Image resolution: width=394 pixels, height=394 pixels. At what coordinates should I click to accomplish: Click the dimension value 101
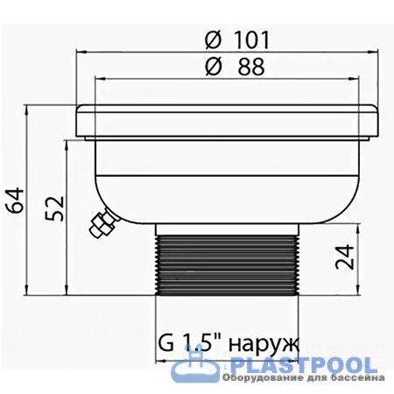(x=251, y=40)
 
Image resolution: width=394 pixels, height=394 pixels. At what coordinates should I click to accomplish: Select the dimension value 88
(x=251, y=67)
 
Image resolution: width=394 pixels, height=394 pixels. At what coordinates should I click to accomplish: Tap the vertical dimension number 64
(x=15, y=201)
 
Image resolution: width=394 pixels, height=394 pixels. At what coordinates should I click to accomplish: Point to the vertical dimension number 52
(x=54, y=208)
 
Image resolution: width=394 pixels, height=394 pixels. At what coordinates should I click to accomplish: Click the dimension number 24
(x=344, y=257)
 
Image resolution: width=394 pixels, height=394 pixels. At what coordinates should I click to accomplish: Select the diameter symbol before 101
(x=213, y=40)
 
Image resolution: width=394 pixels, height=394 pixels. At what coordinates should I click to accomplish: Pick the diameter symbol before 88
(x=214, y=67)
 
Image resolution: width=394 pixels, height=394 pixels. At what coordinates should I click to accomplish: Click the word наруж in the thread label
(x=264, y=345)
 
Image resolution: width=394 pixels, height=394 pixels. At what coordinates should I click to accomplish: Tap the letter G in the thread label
(x=165, y=343)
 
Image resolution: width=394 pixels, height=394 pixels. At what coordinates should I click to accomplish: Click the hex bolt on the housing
(x=103, y=224)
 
